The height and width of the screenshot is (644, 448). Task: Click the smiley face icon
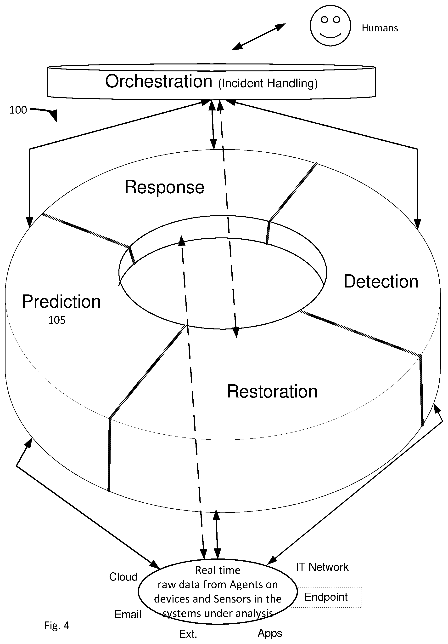tap(330, 26)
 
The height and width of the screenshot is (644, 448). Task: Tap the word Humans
tap(380, 28)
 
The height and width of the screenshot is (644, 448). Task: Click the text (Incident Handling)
tap(268, 83)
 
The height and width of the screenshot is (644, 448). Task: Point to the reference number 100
tap(18, 110)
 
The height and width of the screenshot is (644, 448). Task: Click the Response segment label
tap(164, 187)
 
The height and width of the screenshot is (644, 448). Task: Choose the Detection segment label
tap(381, 281)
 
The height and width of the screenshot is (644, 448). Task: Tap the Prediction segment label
tap(61, 302)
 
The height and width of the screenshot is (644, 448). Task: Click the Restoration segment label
tap(272, 391)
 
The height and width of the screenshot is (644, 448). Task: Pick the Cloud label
tap(123, 577)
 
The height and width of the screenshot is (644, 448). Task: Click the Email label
tap(128, 614)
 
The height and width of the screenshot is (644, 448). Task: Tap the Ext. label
tap(188, 634)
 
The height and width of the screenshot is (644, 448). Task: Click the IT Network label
tap(322, 567)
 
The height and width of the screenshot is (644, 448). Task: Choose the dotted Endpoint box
tap(326, 597)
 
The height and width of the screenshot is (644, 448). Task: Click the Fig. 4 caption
tap(57, 625)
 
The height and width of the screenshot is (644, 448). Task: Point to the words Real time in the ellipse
tap(218, 570)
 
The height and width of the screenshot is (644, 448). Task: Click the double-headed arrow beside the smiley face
tap(259, 37)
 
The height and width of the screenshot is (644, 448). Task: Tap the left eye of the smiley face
tap(325, 20)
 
